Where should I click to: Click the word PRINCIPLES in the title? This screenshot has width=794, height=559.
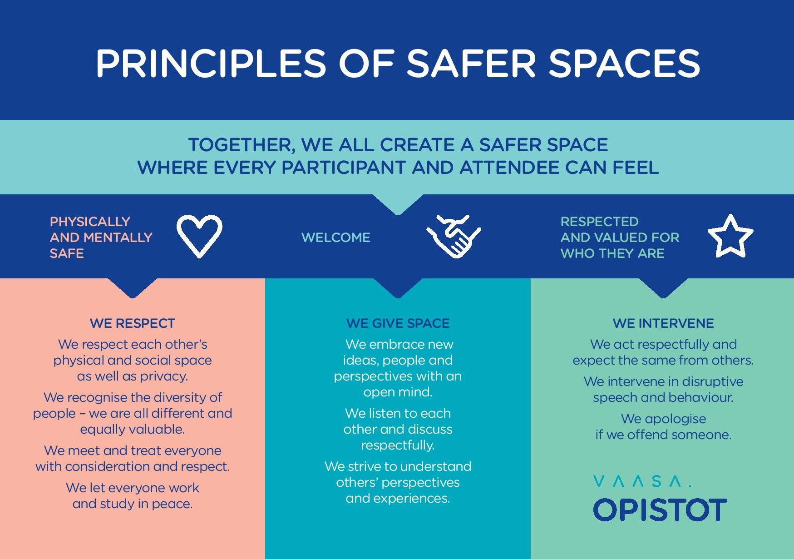pyautogui.click(x=211, y=63)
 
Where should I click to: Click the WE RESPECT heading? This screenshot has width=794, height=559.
pyautogui.click(x=133, y=323)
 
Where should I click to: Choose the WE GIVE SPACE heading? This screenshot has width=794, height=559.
pyautogui.click(x=398, y=323)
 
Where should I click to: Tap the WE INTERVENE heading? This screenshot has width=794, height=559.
pyautogui.click(x=663, y=323)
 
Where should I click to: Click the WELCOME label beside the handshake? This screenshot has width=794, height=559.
pyautogui.click(x=336, y=237)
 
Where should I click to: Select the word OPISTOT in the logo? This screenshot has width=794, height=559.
pyautogui.click(x=660, y=510)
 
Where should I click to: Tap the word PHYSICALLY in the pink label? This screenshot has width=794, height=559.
pyautogui.click(x=90, y=222)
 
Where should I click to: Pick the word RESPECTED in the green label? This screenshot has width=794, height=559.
pyautogui.click(x=599, y=222)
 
